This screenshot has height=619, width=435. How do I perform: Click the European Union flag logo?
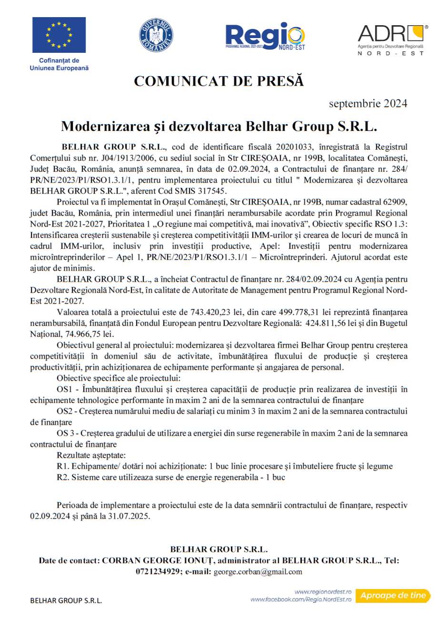[x=59, y=35]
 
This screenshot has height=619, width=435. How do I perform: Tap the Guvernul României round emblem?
[x=156, y=36]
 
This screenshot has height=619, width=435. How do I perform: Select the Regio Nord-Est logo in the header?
[x=265, y=36]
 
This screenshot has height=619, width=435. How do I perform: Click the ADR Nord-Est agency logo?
[x=391, y=38]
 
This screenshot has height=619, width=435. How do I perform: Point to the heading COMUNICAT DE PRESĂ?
[x=218, y=81]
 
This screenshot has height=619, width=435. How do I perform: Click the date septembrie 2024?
[x=368, y=103]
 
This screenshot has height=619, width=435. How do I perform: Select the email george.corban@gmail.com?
[x=258, y=571]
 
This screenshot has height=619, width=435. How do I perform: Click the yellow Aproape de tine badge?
[x=393, y=595]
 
